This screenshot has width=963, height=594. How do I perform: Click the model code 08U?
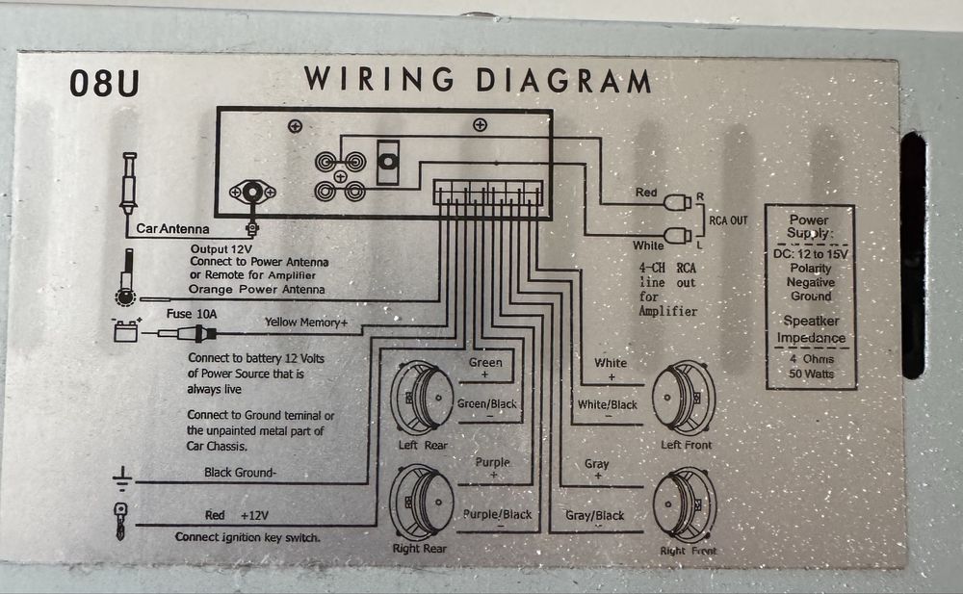[x=104, y=83]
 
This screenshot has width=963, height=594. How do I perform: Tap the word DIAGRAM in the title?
[x=563, y=80]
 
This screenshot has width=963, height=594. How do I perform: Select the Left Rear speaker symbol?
[x=423, y=398]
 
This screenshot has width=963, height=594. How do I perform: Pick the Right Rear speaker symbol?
[x=423, y=504]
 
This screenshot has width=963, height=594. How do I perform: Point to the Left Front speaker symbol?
[x=684, y=399]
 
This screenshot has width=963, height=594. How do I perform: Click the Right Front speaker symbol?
[x=684, y=505]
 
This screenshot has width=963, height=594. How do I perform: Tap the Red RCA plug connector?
[x=678, y=202]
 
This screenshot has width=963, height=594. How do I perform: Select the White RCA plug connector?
[x=678, y=235]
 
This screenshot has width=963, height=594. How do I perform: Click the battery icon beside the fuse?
[x=126, y=330]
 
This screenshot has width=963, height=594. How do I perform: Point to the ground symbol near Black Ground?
[x=122, y=478]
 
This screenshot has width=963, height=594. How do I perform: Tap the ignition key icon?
[x=120, y=521]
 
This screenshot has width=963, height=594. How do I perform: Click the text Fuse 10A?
[x=192, y=314]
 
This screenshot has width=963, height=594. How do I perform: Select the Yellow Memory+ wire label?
[x=306, y=322]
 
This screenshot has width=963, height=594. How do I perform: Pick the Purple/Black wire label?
[x=498, y=515]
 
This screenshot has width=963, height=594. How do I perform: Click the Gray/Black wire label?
[x=594, y=515]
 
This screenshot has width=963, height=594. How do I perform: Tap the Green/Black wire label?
[x=487, y=403]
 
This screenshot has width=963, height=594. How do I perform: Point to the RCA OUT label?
[x=728, y=220]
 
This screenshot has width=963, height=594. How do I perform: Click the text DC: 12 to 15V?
[x=811, y=254]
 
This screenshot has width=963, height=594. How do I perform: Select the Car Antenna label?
[x=172, y=228]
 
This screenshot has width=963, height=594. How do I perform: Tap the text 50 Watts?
[x=811, y=374]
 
